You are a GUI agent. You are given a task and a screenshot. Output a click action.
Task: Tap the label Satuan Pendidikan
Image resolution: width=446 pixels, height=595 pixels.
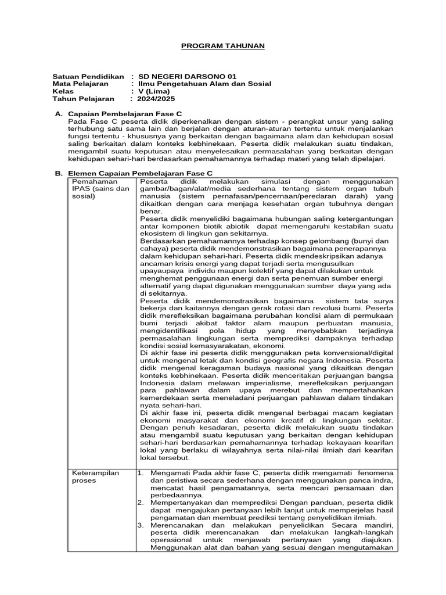88,76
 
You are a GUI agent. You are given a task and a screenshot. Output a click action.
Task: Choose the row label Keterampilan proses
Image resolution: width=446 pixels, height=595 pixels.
95,476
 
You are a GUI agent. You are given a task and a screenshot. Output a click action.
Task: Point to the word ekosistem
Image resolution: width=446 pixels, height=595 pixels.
160,234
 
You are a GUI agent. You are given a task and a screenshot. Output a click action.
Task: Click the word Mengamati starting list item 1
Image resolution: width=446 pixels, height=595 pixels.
171,473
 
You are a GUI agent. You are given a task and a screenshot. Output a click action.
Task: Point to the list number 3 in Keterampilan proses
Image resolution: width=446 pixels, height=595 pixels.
141,525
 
